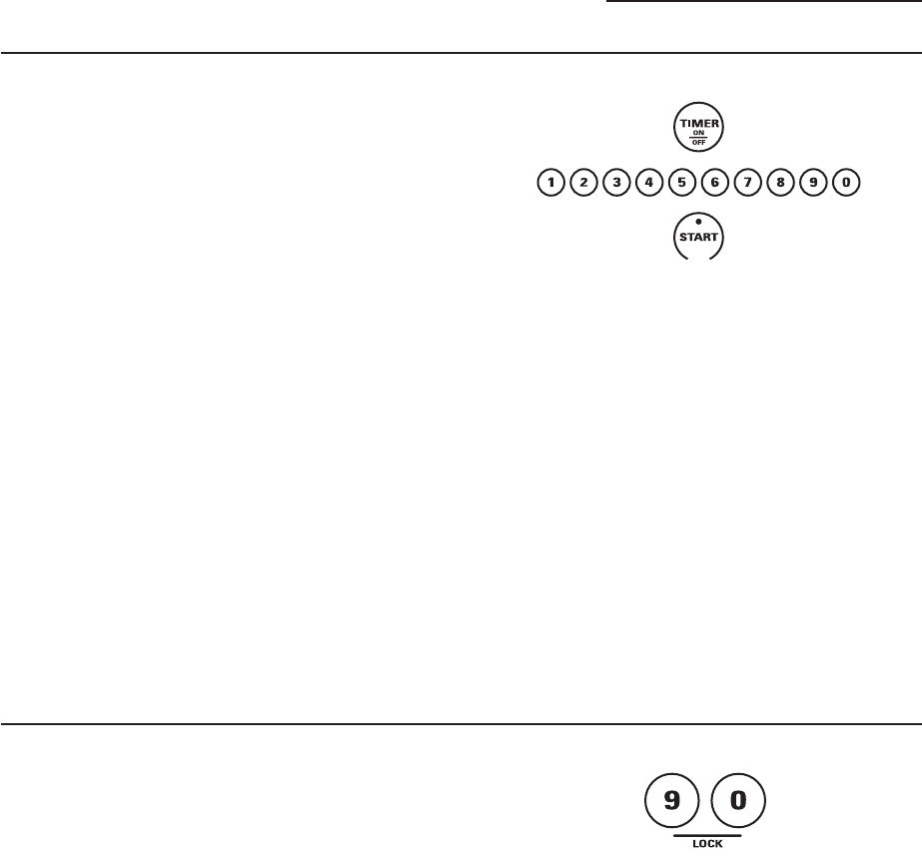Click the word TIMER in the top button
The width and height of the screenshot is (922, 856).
click(x=697, y=121)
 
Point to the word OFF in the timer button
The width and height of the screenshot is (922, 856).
click(x=697, y=140)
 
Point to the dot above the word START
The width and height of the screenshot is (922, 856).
click(x=698, y=222)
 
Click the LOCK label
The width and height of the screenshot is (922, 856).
click(x=704, y=816)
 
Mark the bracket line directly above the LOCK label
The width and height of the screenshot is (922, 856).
click(x=704, y=805)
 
